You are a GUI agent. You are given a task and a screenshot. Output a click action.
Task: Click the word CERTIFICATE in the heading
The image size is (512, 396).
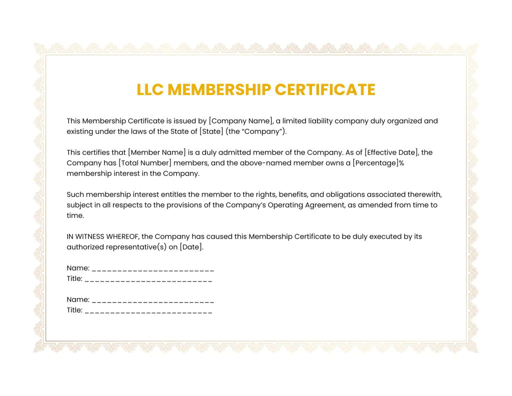click(325, 89)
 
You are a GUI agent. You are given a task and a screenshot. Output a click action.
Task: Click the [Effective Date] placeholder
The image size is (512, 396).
click(391, 152)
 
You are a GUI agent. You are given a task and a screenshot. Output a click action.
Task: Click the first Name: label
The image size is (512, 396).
click(78, 268)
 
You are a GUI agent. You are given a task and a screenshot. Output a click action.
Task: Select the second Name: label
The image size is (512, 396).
click(78, 300)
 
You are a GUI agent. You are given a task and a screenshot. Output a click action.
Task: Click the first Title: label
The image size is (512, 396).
click(74, 279)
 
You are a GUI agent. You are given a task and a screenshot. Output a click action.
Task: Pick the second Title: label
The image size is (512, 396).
click(74, 310)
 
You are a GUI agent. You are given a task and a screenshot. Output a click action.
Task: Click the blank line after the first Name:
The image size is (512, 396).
click(153, 269)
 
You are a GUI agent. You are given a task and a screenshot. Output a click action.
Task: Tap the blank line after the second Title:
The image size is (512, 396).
click(148, 311)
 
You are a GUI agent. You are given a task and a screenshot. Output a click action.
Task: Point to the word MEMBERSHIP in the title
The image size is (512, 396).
click(219, 89)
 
